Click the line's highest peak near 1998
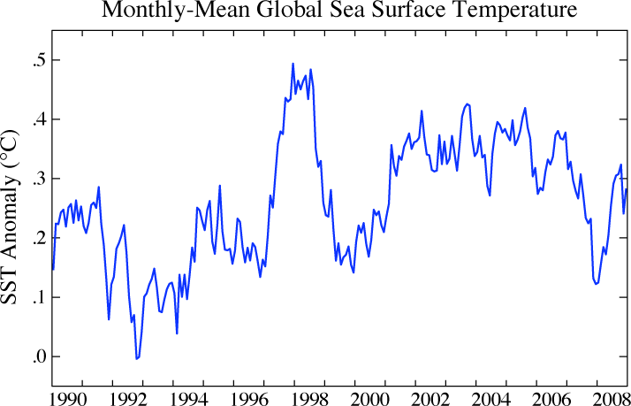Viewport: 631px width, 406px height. point(293,64)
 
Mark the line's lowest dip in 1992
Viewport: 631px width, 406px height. point(136,358)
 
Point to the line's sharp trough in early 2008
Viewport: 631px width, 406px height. point(596,284)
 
